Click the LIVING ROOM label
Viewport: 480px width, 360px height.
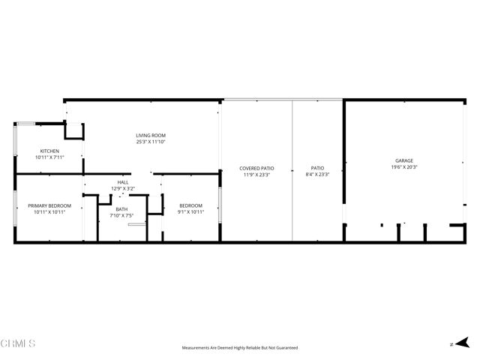click(151, 135)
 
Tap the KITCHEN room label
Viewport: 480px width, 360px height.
click(49, 151)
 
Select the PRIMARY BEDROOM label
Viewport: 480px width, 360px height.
click(49, 205)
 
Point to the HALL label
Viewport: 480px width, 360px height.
click(123, 182)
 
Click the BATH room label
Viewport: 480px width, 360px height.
click(121, 209)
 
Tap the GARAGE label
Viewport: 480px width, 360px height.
click(404, 160)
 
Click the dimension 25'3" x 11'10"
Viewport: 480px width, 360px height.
click(151, 142)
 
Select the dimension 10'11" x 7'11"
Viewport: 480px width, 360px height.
click(49, 157)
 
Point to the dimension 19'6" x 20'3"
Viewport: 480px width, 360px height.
click(404, 167)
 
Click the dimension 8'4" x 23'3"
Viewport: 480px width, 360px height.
click(318, 174)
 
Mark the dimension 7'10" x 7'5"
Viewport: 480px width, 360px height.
click(121, 216)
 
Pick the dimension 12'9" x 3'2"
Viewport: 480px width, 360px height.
click(123, 188)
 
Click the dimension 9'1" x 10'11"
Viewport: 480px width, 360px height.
click(190, 212)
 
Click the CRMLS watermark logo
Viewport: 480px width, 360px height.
click(18, 343)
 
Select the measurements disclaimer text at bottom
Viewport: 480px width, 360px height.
click(240, 348)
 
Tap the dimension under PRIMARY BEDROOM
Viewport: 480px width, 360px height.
click(49, 212)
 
